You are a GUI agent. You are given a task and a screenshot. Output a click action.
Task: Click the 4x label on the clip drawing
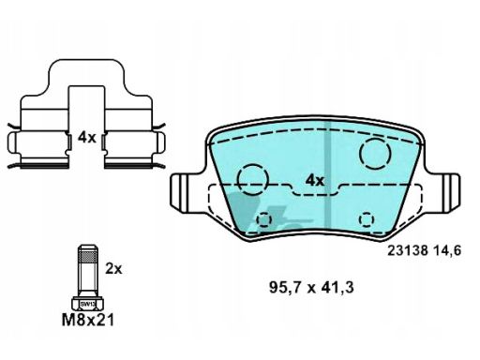click(x=87, y=137)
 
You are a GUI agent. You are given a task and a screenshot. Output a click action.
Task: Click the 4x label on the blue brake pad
click(x=315, y=181)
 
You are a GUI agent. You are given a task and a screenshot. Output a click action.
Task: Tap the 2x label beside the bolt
click(x=113, y=268)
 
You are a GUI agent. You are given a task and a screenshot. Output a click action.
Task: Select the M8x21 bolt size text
click(x=88, y=320)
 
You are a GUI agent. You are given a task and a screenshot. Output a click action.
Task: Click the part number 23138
click(x=408, y=250)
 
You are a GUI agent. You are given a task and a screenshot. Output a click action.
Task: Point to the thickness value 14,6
click(x=447, y=251)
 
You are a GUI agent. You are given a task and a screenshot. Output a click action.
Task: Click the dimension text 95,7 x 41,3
click(x=311, y=288)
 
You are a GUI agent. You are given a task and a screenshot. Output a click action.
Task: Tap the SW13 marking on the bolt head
click(x=88, y=304)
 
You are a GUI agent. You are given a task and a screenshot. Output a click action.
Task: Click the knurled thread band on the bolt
click(x=87, y=257)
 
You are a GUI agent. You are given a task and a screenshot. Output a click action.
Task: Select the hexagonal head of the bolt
click(x=88, y=304)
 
